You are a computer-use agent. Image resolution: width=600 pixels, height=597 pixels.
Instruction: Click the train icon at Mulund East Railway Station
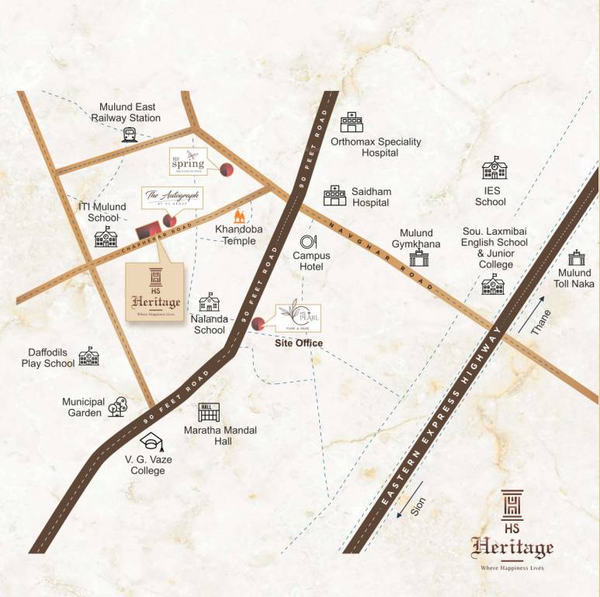point(128,135)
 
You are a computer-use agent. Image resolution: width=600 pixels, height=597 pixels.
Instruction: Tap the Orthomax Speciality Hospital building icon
point(352,123)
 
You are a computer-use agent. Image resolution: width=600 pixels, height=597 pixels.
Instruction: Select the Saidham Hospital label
point(371,196)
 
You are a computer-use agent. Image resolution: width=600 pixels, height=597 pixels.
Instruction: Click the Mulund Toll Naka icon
point(576,258)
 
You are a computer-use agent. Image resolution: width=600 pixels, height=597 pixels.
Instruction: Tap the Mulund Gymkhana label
point(420,239)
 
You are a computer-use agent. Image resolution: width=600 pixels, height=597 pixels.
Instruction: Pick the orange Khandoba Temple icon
point(241,214)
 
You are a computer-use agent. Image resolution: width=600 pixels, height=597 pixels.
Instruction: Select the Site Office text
point(299,343)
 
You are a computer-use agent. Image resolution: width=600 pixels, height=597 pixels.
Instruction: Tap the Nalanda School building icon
point(210,302)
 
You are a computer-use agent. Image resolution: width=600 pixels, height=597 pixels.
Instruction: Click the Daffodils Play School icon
point(89,356)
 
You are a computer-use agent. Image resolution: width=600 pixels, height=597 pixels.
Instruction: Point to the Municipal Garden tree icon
point(118,405)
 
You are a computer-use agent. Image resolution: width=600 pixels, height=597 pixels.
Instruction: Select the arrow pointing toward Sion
point(402,511)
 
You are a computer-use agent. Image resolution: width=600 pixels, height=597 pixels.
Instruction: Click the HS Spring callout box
point(188,162)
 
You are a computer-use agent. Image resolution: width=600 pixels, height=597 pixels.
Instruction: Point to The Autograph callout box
point(172,197)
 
